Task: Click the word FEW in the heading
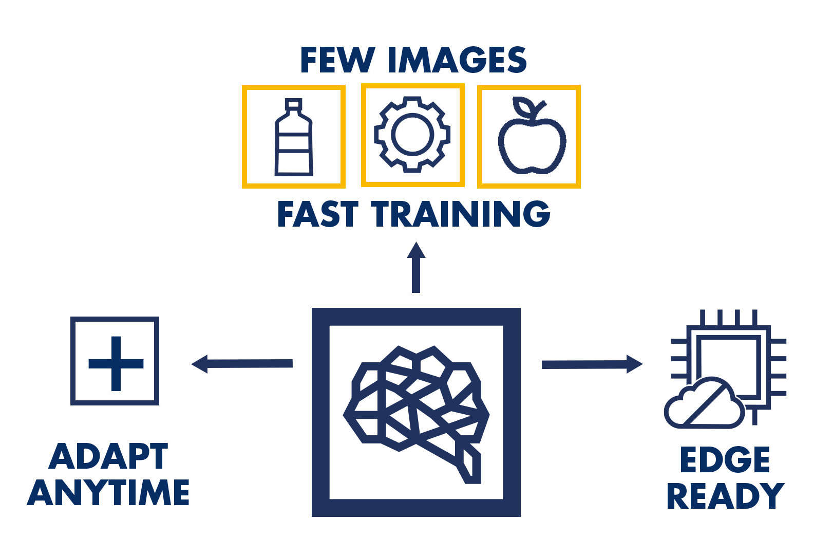[337, 60]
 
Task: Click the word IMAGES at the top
[457, 60]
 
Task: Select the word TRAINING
[461, 214]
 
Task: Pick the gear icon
[412, 134]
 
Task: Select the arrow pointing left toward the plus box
[242, 364]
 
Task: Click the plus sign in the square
[116, 363]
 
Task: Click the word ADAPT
[108, 456]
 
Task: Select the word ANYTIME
[108, 493]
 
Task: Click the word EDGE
[725, 459]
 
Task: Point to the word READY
[725, 496]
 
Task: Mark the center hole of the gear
[412, 134]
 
